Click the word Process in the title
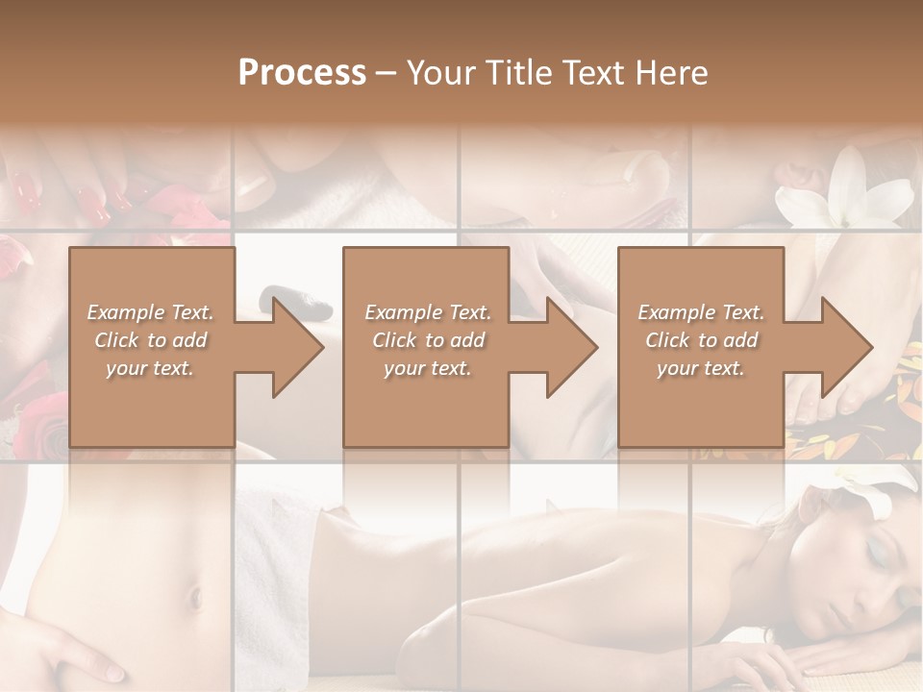[302, 72]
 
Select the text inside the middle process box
[427, 340]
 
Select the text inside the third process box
[700, 340]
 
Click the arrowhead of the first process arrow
[298, 347]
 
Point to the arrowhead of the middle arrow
[572, 347]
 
